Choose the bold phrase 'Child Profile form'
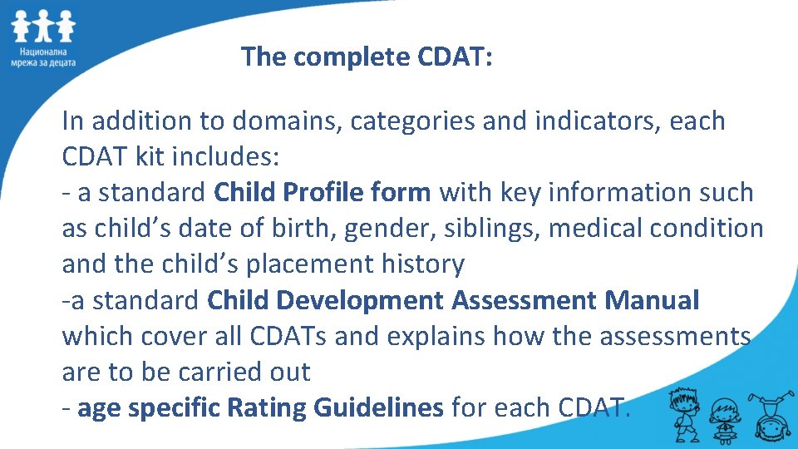tap(323, 193)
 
